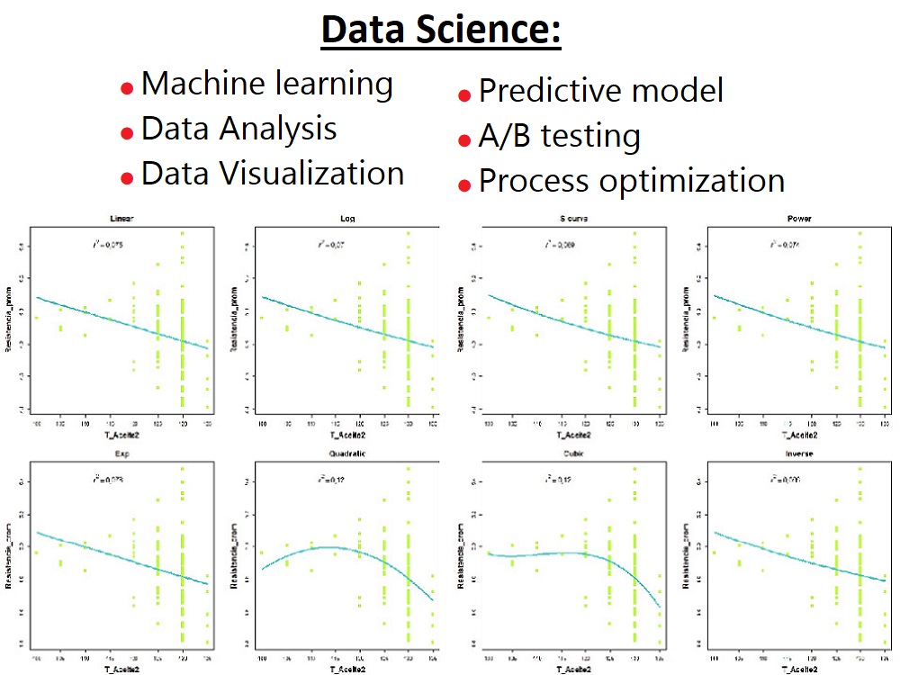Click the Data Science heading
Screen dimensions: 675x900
(x=441, y=31)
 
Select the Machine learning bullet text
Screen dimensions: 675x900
(x=267, y=84)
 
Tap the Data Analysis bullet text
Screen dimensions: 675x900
(x=239, y=129)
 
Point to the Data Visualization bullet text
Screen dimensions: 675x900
(x=273, y=173)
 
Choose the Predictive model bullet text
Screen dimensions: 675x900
(x=601, y=91)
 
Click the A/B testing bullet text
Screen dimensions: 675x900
(x=559, y=137)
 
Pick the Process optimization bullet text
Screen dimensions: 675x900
(x=632, y=181)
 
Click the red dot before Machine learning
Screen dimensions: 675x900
(x=127, y=87)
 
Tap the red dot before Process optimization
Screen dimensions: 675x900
(x=464, y=185)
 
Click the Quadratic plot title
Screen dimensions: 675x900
(x=346, y=454)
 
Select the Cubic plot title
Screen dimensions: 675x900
(x=573, y=454)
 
